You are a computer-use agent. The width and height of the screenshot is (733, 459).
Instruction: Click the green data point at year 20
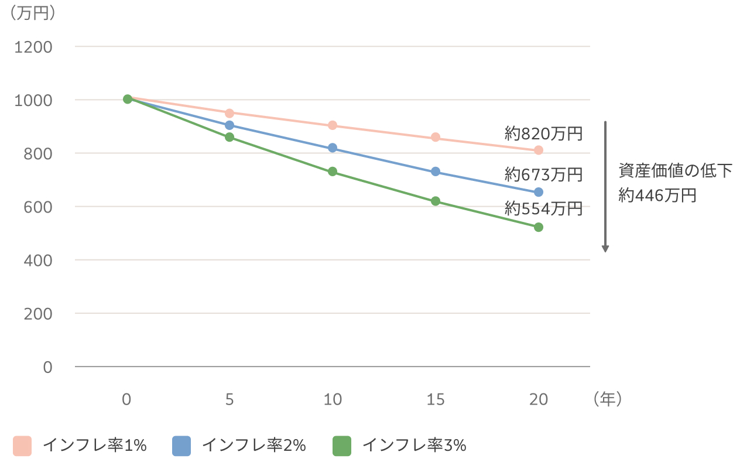(x=539, y=227)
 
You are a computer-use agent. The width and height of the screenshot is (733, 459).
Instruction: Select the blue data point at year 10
(x=333, y=148)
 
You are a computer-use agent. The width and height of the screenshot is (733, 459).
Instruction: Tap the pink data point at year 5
(x=230, y=113)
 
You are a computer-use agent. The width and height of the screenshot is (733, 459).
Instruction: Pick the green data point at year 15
(x=436, y=201)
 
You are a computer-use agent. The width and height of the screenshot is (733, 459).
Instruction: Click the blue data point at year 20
(x=539, y=192)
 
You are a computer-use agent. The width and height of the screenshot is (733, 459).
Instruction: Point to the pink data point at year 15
(x=436, y=137)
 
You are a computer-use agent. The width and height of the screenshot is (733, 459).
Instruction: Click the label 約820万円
(x=543, y=134)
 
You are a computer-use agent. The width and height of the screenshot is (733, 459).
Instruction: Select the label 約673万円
(x=543, y=174)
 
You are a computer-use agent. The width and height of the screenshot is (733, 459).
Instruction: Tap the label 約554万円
(x=543, y=208)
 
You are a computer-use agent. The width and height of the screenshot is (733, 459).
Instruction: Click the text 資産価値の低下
(x=675, y=171)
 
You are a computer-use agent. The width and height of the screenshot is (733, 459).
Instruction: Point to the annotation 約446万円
(x=657, y=196)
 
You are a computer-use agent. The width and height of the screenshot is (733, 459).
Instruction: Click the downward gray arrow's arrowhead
(x=606, y=248)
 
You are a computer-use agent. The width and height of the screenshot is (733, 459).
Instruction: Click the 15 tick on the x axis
(x=436, y=399)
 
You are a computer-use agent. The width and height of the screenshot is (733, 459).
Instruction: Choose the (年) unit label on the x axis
(x=607, y=399)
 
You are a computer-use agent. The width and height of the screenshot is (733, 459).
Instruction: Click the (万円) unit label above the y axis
(x=33, y=13)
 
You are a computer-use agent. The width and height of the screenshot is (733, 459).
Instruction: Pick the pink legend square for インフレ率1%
(x=22, y=446)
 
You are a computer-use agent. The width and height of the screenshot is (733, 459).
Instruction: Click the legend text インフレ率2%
(x=254, y=446)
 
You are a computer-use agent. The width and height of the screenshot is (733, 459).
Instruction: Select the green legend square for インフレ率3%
(x=342, y=446)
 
